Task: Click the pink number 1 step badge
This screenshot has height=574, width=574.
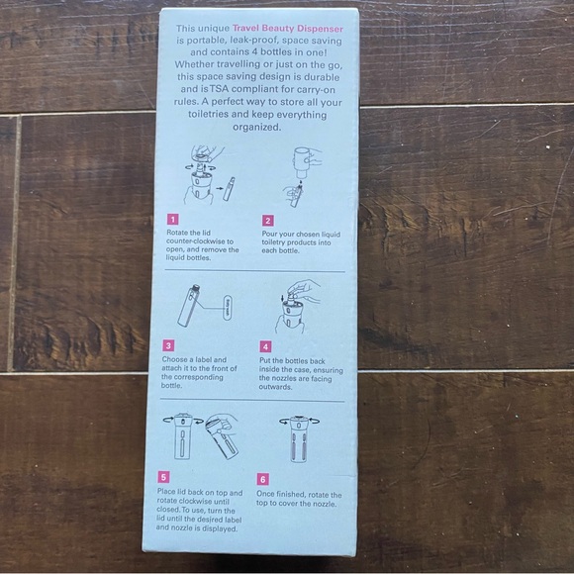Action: (x=173, y=220)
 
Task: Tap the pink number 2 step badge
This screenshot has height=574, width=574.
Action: (x=268, y=221)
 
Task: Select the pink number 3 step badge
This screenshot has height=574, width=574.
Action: (x=168, y=345)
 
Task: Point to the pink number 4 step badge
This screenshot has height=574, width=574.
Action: (x=266, y=346)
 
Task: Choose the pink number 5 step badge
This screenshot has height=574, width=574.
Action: (x=163, y=477)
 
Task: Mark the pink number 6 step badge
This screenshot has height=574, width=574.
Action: (x=263, y=479)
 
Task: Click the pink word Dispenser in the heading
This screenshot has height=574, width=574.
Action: (x=320, y=29)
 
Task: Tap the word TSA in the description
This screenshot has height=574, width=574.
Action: (x=220, y=89)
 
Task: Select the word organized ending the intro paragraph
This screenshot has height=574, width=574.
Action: (x=256, y=128)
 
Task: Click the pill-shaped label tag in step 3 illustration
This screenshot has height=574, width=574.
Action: (x=227, y=308)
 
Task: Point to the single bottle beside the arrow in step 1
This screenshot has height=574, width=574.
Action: (x=230, y=189)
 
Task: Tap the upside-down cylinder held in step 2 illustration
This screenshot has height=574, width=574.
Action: (x=302, y=161)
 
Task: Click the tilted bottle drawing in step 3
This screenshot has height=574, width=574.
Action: (x=188, y=306)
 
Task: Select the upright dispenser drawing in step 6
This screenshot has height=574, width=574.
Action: (x=299, y=439)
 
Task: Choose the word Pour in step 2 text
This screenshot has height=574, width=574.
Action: (x=269, y=234)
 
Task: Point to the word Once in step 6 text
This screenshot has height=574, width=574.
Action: (x=265, y=494)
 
